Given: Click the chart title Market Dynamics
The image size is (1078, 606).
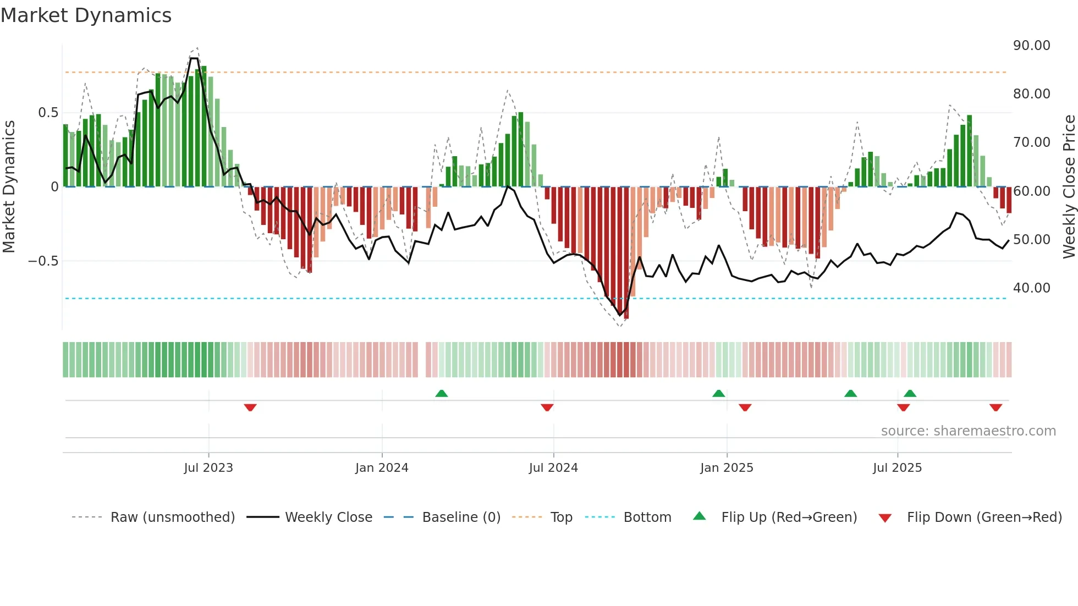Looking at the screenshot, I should pyautogui.click(x=86, y=15).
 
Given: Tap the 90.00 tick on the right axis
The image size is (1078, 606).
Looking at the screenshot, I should pyautogui.click(x=1031, y=46).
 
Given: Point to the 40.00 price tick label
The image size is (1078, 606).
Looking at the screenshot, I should pyautogui.click(x=1031, y=288).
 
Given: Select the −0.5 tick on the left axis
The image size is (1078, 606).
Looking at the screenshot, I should pyautogui.click(x=43, y=261).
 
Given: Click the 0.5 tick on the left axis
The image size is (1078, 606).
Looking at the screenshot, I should pyautogui.click(x=48, y=113).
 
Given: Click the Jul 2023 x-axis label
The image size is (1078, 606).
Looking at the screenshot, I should pyautogui.click(x=208, y=468).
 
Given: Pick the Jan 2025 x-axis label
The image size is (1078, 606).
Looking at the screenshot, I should pyautogui.click(x=727, y=468).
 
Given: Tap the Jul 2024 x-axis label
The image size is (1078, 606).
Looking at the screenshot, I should pyautogui.click(x=553, y=468).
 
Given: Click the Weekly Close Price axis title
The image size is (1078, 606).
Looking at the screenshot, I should pyautogui.click(x=1069, y=187).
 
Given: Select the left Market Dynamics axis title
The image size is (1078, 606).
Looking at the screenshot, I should pyautogui.click(x=9, y=187).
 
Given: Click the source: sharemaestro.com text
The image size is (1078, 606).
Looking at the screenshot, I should pyautogui.click(x=968, y=431).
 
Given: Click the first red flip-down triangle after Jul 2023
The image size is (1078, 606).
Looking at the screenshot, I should pyautogui.click(x=250, y=407).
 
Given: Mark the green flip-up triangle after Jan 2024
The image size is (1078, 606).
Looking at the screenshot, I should pyautogui.click(x=441, y=393).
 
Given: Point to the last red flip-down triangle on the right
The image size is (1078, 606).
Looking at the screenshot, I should pyautogui.click(x=996, y=407).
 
